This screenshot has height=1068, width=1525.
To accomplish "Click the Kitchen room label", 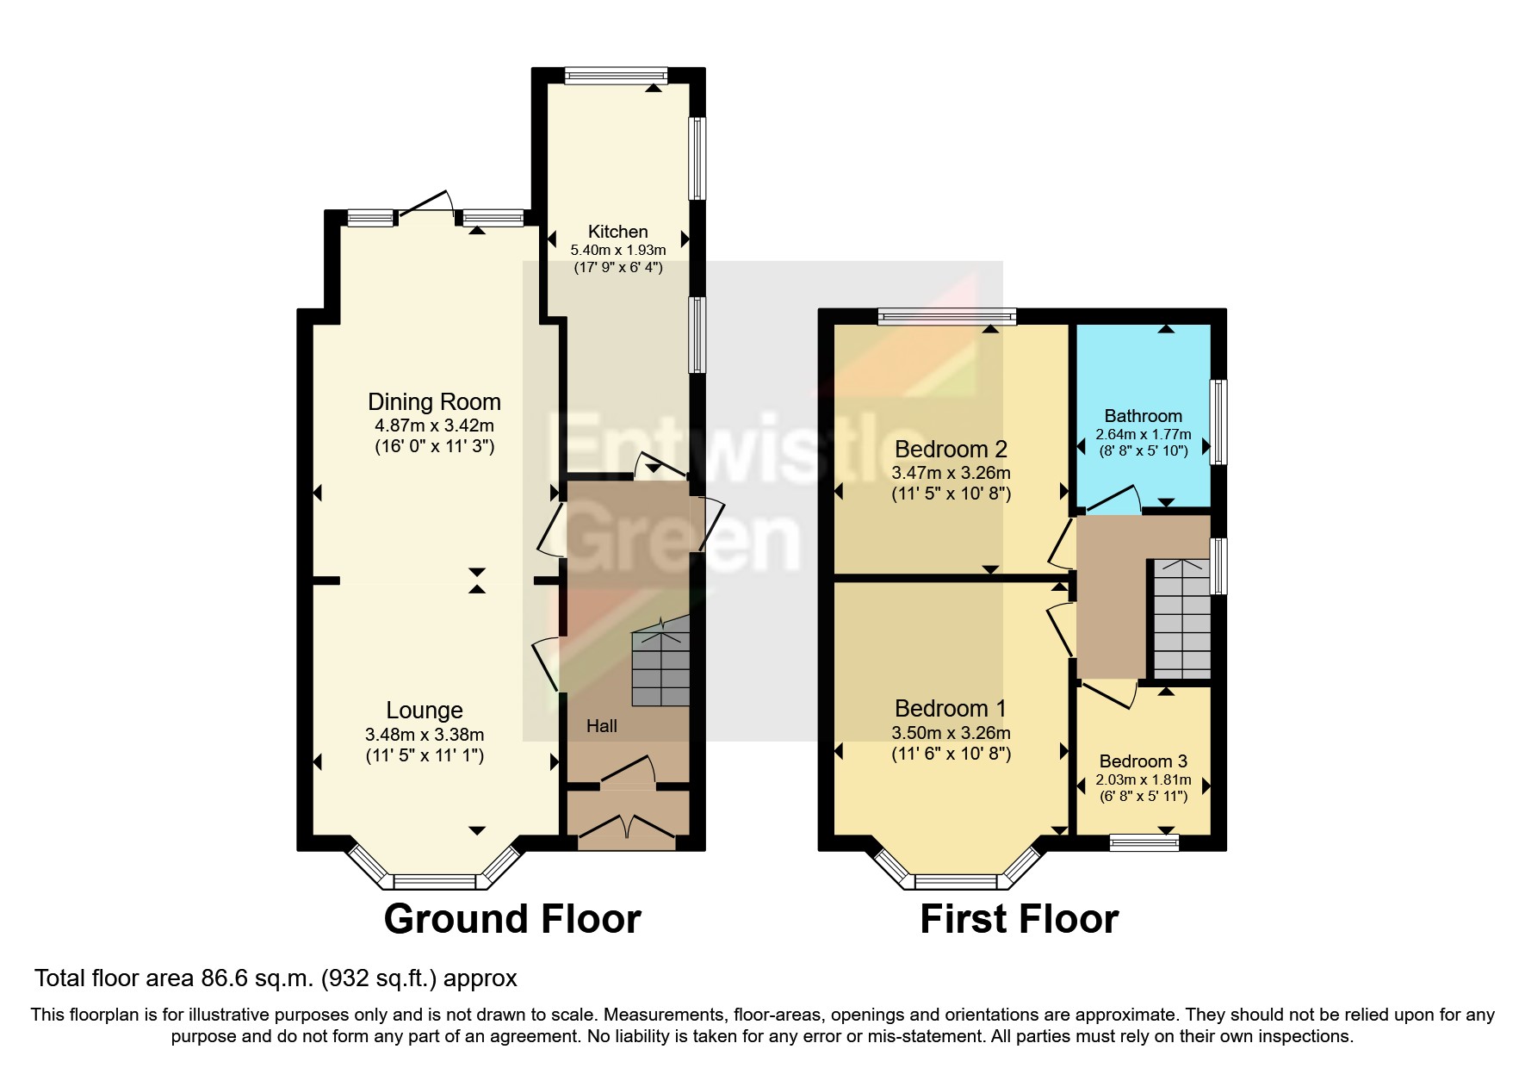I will (x=617, y=232).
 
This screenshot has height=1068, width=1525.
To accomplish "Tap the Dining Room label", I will (x=434, y=402).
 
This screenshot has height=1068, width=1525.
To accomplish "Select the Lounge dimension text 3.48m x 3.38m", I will (x=425, y=735).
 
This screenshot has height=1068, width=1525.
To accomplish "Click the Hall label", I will (x=602, y=726).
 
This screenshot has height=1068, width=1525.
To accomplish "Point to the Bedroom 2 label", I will (x=951, y=450).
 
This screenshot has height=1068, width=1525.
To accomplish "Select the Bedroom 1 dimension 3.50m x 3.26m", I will (x=951, y=733).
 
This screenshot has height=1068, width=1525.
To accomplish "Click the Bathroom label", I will (x=1143, y=416).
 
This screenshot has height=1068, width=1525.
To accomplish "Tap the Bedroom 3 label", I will (x=1143, y=761).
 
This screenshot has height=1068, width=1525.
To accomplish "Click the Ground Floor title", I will (x=512, y=919).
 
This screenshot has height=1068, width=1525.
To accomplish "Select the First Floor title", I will (x=1019, y=919).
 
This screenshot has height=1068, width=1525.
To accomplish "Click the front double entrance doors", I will (x=627, y=828).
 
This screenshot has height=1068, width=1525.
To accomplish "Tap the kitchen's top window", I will (x=616, y=77).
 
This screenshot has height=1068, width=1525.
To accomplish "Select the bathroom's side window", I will (x=1218, y=422).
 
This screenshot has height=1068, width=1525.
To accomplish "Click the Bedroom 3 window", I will (x=1144, y=842).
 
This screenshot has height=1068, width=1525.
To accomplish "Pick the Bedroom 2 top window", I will (x=947, y=317).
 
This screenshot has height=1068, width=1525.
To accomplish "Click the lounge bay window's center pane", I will (x=435, y=881).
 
